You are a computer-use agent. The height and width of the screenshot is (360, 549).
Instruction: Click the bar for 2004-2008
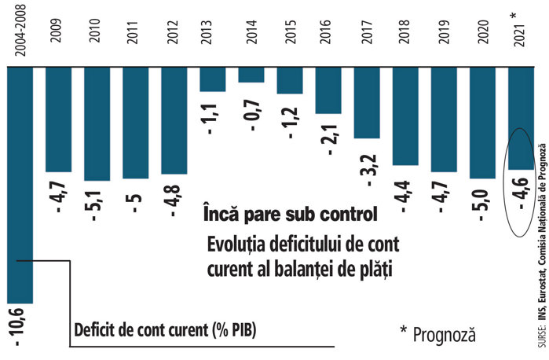click(x=20, y=185)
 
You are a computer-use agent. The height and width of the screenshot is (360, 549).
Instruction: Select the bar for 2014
click(x=251, y=75)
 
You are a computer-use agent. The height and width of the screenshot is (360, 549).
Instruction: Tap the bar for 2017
click(x=368, y=102)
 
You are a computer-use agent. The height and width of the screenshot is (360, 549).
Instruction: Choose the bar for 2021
click(x=522, y=118)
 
